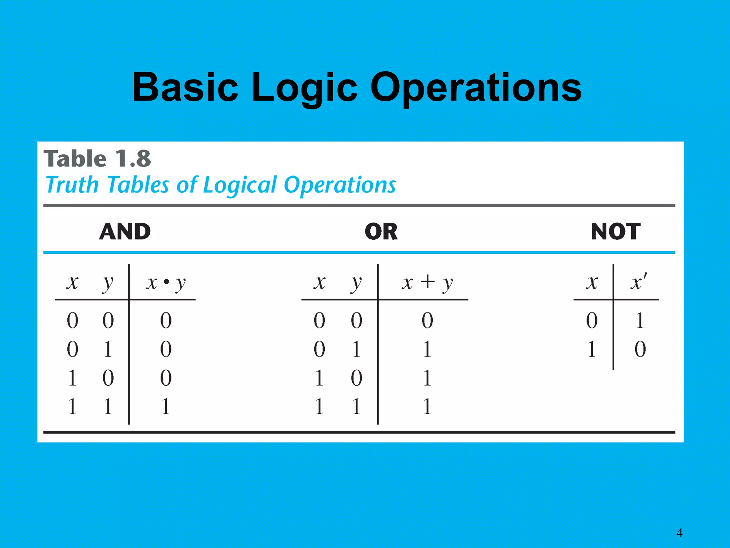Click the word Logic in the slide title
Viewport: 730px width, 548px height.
coord(304,87)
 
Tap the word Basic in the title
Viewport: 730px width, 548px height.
coord(185,87)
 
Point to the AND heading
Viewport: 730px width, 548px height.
coord(125,232)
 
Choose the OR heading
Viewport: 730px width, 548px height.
coord(381,232)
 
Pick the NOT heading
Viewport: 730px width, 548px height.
coord(616,232)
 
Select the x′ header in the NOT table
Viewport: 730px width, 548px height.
coord(639,282)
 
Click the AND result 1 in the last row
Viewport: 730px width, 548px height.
coord(165,406)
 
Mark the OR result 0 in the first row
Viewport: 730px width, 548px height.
coord(427,320)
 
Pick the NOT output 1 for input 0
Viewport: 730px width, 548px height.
coord(640,320)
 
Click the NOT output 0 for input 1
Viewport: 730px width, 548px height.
coord(640,349)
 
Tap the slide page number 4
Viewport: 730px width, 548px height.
coord(679,533)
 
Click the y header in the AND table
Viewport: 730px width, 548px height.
coord(107,284)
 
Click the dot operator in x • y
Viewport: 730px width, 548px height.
coord(166,282)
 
